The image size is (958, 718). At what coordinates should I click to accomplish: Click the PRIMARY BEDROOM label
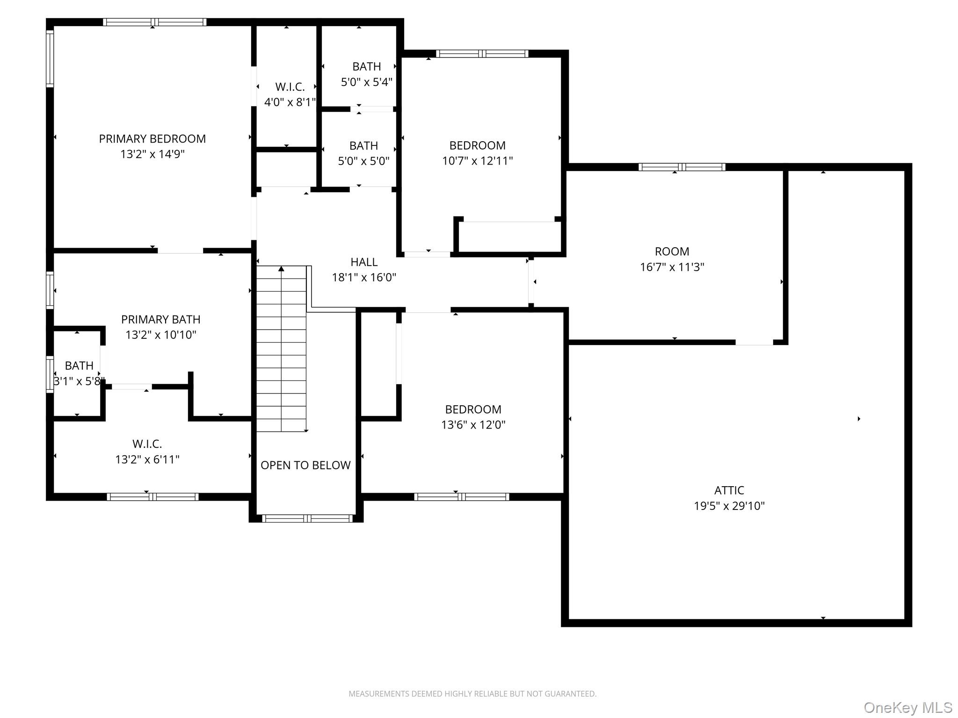point(152,139)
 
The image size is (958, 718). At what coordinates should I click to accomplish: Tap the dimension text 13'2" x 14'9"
point(152,154)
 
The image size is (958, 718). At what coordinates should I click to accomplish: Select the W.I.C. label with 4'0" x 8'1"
point(290,87)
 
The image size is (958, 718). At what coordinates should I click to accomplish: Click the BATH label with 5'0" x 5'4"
point(366,67)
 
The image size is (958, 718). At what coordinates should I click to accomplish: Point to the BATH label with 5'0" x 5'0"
point(363,146)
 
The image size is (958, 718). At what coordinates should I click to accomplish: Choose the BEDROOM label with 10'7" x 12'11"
point(477,145)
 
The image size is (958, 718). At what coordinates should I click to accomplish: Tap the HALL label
point(364,262)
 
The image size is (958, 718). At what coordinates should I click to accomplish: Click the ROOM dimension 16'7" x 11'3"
point(672,267)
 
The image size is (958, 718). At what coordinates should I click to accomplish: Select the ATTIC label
point(729,490)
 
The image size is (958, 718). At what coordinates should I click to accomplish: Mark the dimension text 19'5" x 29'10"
point(729,506)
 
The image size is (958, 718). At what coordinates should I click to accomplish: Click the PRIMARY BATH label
point(160,320)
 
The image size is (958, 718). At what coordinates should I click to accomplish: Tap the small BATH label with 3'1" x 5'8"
point(79,366)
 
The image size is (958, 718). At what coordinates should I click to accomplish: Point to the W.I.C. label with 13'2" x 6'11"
point(147,444)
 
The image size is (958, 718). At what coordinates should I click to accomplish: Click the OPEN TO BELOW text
point(305,466)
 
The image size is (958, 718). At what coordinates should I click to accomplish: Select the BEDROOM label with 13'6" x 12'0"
point(473,409)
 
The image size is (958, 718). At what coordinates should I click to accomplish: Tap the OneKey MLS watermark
point(907,708)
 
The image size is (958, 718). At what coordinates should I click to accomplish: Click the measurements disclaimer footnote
point(472,694)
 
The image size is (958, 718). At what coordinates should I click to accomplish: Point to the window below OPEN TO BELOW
point(307,518)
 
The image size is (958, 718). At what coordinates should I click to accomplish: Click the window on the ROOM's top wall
point(682,167)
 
